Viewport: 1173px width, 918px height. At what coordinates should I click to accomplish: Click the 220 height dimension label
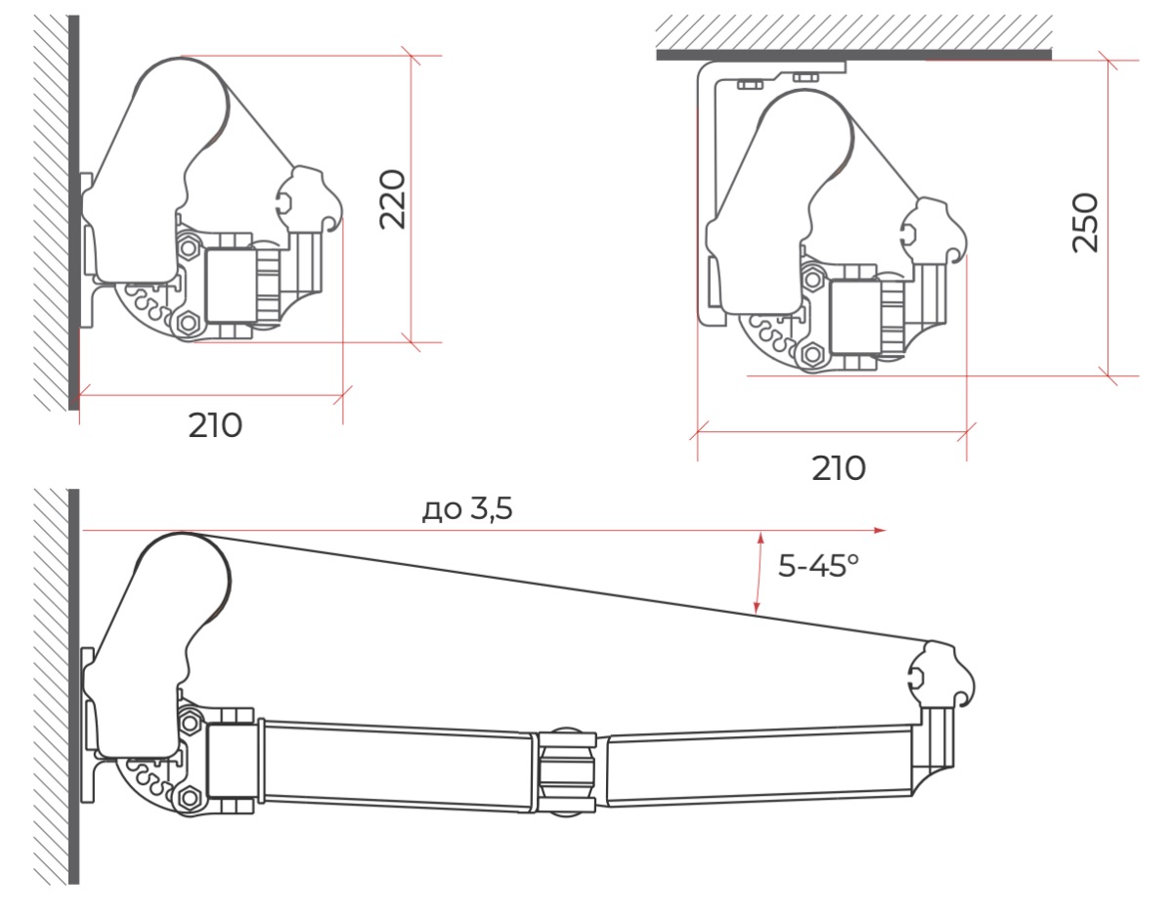[392, 199]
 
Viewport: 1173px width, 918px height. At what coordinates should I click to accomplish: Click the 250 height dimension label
[1085, 222]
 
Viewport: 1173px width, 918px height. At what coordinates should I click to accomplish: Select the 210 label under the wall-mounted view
[215, 426]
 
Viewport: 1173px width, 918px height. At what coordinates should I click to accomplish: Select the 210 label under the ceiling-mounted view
[839, 468]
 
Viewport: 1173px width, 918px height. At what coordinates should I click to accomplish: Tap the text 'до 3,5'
[467, 509]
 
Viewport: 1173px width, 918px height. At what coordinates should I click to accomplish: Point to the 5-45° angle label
[818, 566]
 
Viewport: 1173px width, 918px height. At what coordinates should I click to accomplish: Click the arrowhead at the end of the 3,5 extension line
[880, 531]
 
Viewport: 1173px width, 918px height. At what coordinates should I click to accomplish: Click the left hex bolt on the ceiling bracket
[750, 85]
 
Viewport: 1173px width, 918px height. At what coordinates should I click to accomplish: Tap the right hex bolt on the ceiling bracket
[805, 78]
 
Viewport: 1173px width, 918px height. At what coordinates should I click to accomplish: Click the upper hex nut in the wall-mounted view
[189, 248]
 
